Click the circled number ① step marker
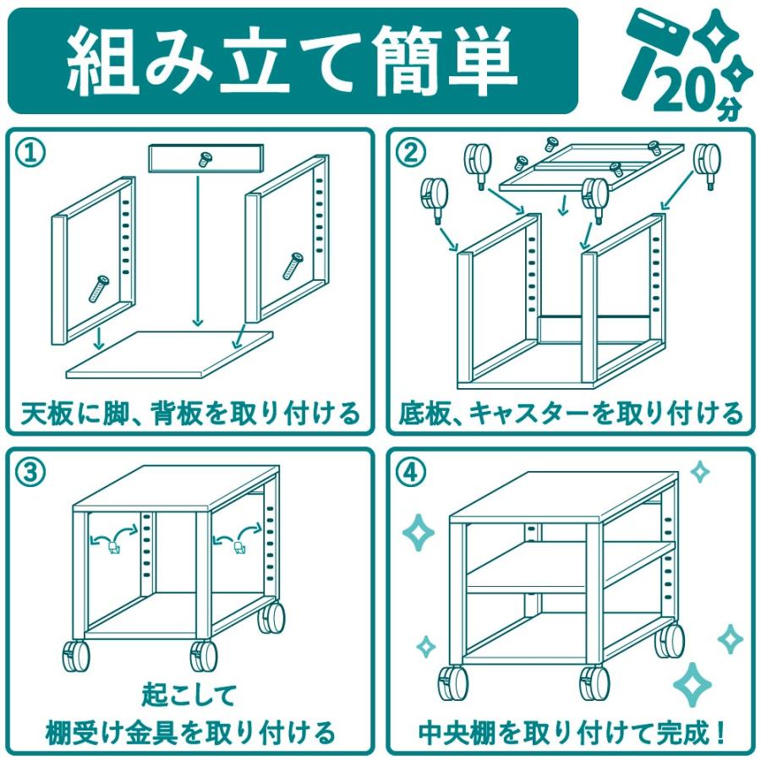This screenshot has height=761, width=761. pyautogui.click(x=30, y=153)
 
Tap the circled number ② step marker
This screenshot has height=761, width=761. pyautogui.click(x=411, y=153)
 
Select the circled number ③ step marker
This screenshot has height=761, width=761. pyautogui.click(x=30, y=471)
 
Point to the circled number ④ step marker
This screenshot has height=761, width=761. pyautogui.click(x=411, y=471)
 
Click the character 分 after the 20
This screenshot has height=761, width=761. pyautogui.click(x=730, y=110)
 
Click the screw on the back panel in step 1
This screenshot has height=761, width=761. pyautogui.click(x=205, y=158)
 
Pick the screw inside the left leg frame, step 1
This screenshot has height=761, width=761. pyautogui.click(x=99, y=288)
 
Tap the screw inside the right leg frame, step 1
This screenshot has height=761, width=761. pyautogui.click(x=293, y=266)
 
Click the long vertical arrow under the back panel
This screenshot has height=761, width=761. pyautogui.click(x=197, y=251)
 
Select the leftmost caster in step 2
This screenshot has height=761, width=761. pyautogui.click(x=434, y=199)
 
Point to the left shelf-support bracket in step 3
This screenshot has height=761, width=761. pyautogui.click(x=113, y=548)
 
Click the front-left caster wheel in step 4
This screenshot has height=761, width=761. pyautogui.click(x=453, y=683)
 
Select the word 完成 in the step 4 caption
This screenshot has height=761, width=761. pyautogui.click(x=682, y=733)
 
